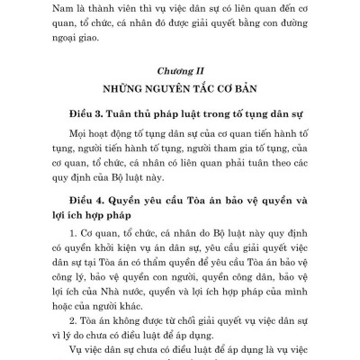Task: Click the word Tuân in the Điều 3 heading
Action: pos(124,117)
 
